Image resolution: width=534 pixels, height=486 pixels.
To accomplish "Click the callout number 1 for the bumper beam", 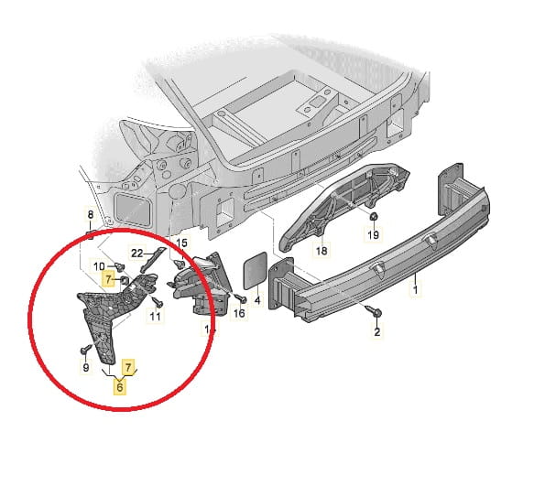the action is pyautogui.click(x=415, y=290).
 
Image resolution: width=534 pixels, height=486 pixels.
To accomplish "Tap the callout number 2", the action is pyautogui.click(x=377, y=331).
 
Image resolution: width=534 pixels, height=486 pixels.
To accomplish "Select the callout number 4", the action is pyautogui.click(x=257, y=300).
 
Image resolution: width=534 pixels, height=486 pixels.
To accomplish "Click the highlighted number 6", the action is pyautogui.click(x=120, y=387).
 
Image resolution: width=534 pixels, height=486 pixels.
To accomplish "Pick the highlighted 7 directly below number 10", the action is pyautogui.click(x=108, y=280).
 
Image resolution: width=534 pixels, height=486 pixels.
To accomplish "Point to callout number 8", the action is pyautogui.click(x=91, y=215).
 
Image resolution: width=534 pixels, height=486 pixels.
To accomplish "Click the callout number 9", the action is pyautogui.click(x=86, y=368).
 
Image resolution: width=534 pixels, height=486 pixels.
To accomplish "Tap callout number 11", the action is pyautogui.click(x=156, y=317).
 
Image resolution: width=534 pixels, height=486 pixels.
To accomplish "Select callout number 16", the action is pyautogui.click(x=239, y=313).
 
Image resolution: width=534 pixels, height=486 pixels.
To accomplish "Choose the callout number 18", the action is pyautogui.click(x=321, y=251).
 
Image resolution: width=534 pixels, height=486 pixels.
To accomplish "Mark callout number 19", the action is pyautogui.click(x=374, y=234).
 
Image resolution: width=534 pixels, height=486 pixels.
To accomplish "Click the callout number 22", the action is pyautogui.click(x=136, y=254).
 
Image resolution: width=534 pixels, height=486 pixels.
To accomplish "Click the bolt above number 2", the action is pyautogui.click(x=374, y=309).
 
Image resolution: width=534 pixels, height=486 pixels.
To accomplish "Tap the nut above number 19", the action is pyautogui.click(x=374, y=216).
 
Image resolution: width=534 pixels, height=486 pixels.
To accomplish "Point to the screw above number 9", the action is pyautogui.click(x=86, y=349).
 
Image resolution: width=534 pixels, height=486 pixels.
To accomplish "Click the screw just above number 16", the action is pyautogui.click(x=241, y=298).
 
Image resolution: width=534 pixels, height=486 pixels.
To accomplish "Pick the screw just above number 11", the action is pyautogui.click(x=158, y=301).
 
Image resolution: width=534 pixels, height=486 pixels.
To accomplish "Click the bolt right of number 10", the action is pyautogui.click(x=119, y=266).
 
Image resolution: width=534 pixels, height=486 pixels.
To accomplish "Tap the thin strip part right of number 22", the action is pyautogui.click(x=153, y=259).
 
